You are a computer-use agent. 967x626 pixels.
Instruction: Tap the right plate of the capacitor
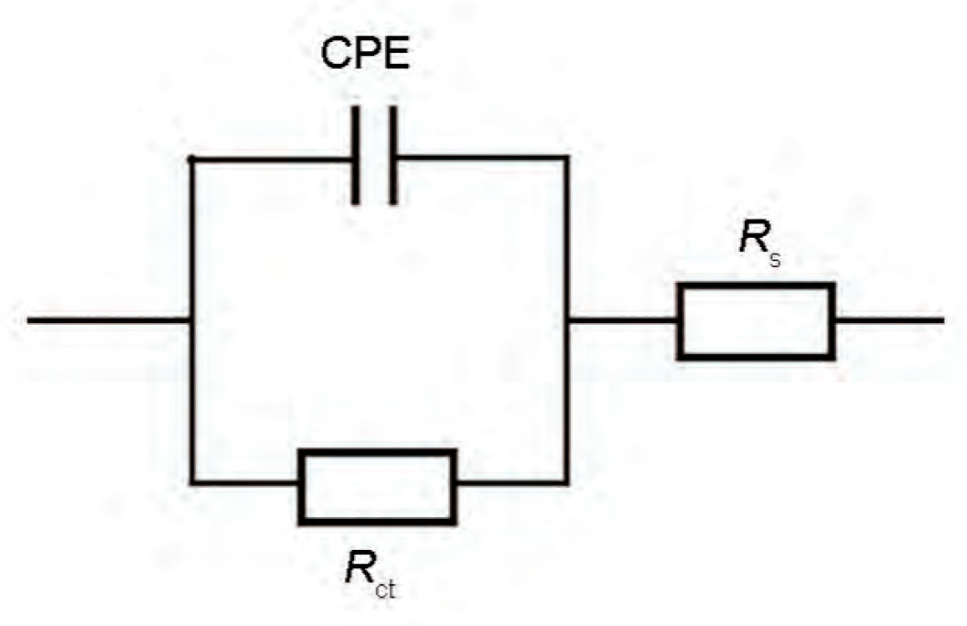[x=392, y=155]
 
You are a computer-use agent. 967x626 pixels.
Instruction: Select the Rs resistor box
[x=756, y=320]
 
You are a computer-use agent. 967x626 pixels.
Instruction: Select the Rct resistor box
[x=377, y=486]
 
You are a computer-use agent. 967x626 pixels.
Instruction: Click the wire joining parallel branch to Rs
[x=622, y=320]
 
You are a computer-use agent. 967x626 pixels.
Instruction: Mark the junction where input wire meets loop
[x=190, y=320]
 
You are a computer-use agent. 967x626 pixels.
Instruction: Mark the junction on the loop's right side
[x=566, y=320]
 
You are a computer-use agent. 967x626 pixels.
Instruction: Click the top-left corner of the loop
[x=190, y=158]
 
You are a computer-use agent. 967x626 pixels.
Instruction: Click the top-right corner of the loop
[x=566, y=157]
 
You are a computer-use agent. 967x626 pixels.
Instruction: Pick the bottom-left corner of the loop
[x=190, y=480]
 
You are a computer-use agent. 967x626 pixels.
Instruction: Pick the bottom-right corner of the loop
[x=566, y=481]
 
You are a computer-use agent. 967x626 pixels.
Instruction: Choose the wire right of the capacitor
[x=480, y=157]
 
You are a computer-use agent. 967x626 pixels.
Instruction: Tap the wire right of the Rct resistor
[x=510, y=481]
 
